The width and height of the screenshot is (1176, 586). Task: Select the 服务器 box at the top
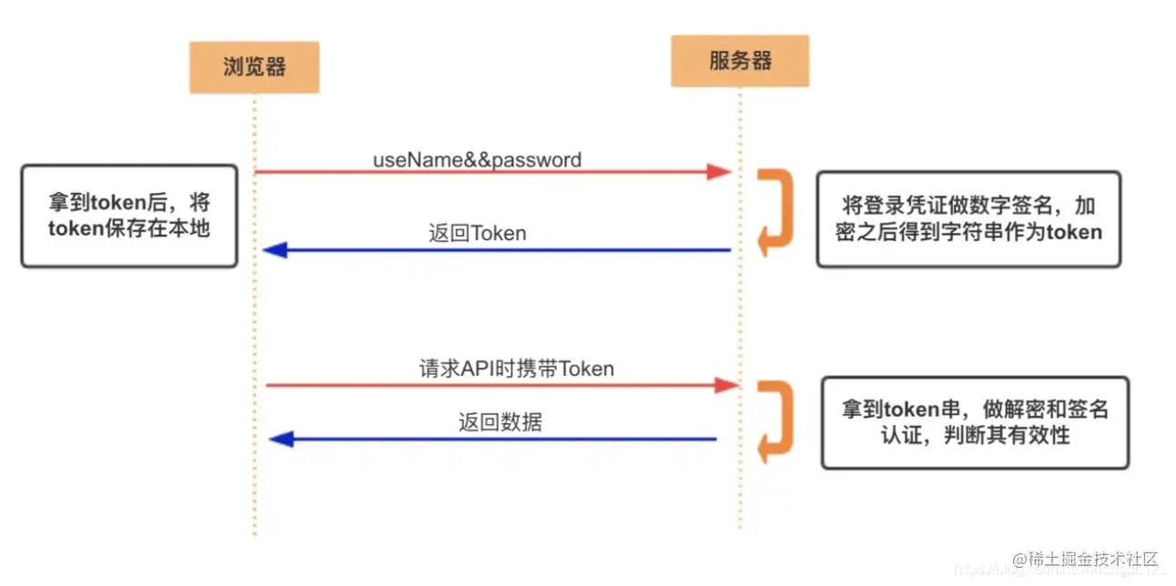pyautogui.click(x=739, y=61)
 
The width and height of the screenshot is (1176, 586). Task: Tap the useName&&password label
pyautogui.click(x=477, y=159)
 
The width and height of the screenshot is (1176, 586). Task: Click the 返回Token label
pyautogui.click(x=477, y=232)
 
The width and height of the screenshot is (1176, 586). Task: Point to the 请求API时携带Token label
pyautogui.click(x=516, y=369)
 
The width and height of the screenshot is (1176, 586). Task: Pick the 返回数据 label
pyautogui.click(x=500, y=422)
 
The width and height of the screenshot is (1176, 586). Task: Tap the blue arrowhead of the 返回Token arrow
pyautogui.click(x=274, y=249)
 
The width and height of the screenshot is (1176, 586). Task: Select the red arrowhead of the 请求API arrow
pyautogui.click(x=725, y=386)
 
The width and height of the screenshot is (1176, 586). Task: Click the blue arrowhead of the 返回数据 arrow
pyautogui.click(x=281, y=439)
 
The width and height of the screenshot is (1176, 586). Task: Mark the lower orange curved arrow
pyautogui.click(x=774, y=420)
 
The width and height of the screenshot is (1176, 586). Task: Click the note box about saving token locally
pyautogui.click(x=128, y=216)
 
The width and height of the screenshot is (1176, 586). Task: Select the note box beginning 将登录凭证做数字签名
pyautogui.click(x=968, y=218)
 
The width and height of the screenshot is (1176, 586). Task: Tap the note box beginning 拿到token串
pyautogui.click(x=975, y=422)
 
